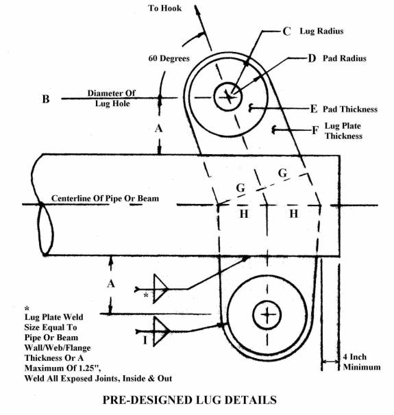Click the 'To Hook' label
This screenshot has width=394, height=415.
(164, 8)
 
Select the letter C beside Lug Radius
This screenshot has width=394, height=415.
(286, 32)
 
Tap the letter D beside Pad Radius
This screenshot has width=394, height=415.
(312, 58)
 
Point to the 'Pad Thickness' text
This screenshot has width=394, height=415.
(350, 109)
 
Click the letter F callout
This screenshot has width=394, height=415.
(315, 130)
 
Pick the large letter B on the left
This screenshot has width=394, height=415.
(46, 99)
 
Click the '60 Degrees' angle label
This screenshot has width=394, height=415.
(169, 58)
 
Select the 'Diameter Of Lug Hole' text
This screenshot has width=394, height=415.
(112, 98)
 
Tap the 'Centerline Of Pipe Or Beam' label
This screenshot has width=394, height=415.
(105, 198)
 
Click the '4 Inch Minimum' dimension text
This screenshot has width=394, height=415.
(362, 362)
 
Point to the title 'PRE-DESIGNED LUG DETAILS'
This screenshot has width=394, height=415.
(190, 400)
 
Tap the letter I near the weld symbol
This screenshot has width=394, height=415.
(145, 340)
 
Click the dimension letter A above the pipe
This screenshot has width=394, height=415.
(158, 129)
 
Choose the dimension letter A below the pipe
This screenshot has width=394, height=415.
(111, 284)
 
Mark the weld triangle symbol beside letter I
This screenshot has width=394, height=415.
(160, 331)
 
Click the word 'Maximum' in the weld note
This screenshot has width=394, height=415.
(41, 368)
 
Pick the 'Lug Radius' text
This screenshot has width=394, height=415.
(321, 32)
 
